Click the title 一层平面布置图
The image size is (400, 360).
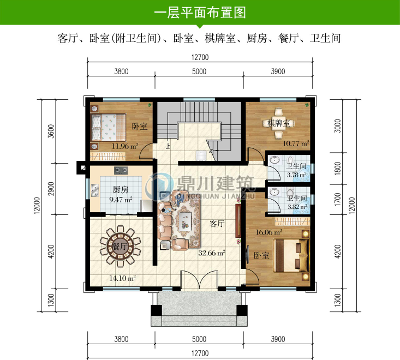(x=200, y=12)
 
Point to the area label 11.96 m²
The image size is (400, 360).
(x=124, y=146)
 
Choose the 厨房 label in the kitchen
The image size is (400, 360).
(x=121, y=190)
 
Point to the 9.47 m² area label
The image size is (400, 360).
(x=121, y=200)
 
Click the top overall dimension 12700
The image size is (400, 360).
(x=200, y=57)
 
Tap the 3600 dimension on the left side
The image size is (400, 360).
(x=51, y=131)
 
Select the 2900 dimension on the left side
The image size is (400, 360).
(x=51, y=189)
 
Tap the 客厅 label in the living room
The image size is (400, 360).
(x=217, y=223)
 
